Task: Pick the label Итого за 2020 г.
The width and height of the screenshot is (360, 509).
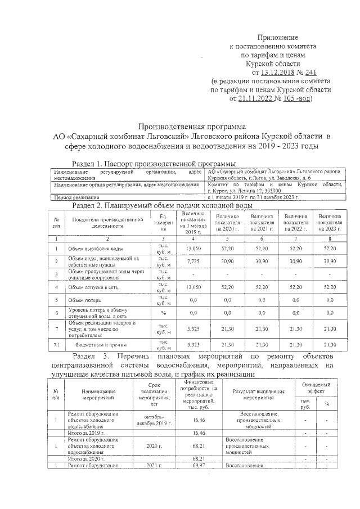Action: coord(86,458)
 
